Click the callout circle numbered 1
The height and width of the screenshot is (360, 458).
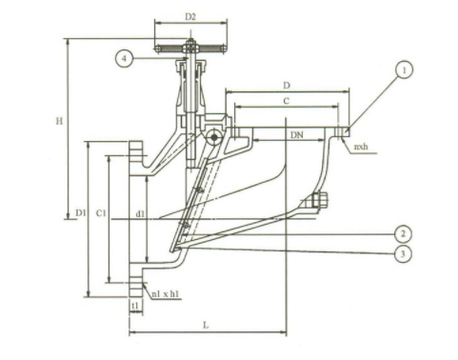pyautogui.click(x=404, y=70)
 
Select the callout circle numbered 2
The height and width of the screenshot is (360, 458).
pyautogui.click(x=403, y=234)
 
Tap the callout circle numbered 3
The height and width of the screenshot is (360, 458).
pyautogui.click(x=403, y=254)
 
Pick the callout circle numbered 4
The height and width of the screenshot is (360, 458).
pyautogui.click(x=124, y=58)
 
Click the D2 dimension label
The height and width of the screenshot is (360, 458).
pyautogui.click(x=190, y=17)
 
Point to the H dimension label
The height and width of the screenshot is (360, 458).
pyautogui.click(x=59, y=121)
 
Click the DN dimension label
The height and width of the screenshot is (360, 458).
pyautogui.click(x=297, y=135)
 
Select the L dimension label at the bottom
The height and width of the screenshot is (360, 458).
pyautogui.click(x=206, y=325)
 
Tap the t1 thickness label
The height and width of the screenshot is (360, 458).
pyautogui.click(x=135, y=305)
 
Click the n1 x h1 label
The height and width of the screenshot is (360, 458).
pyautogui.click(x=165, y=294)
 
